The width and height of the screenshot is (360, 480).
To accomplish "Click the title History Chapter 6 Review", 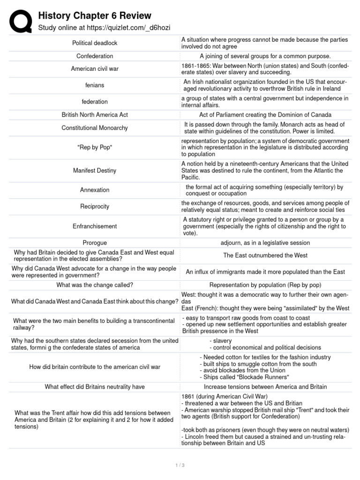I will pyautogui.click(x=95, y=16).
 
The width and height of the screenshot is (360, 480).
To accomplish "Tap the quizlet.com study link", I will pyautogui.click(x=104, y=28).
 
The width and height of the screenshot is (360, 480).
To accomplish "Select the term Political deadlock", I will pyautogui.click(x=95, y=43).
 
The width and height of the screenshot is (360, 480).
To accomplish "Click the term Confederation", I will pyautogui.click(x=95, y=56).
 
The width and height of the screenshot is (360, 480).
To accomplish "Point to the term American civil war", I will pyautogui.click(x=95, y=69).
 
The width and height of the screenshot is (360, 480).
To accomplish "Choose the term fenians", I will pyautogui.click(x=95, y=85).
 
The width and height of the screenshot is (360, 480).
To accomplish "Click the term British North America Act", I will pyautogui.click(x=95, y=115).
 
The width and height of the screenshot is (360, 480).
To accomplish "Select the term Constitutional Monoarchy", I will pyautogui.click(x=95, y=128).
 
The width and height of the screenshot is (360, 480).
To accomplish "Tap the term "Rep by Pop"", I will pyautogui.click(x=95, y=148).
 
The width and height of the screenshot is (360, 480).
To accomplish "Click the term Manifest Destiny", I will pyautogui.click(x=95, y=171).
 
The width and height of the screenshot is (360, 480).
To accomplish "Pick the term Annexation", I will pyautogui.click(x=95, y=190).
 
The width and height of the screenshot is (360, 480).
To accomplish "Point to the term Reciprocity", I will pyautogui.click(x=95, y=207).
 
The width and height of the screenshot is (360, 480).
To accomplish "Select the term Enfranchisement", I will pyautogui.click(x=95, y=226).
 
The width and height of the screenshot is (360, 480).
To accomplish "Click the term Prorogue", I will pyautogui.click(x=95, y=243).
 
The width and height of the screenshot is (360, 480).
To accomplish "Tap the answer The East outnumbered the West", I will pyautogui.click(x=265, y=255).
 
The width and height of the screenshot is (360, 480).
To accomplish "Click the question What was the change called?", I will pyautogui.click(x=95, y=285).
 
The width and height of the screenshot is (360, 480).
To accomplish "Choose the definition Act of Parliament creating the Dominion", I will pyautogui.click(x=265, y=115).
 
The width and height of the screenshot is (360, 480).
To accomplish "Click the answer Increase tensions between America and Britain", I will pyautogui.click(x=265, y=387).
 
